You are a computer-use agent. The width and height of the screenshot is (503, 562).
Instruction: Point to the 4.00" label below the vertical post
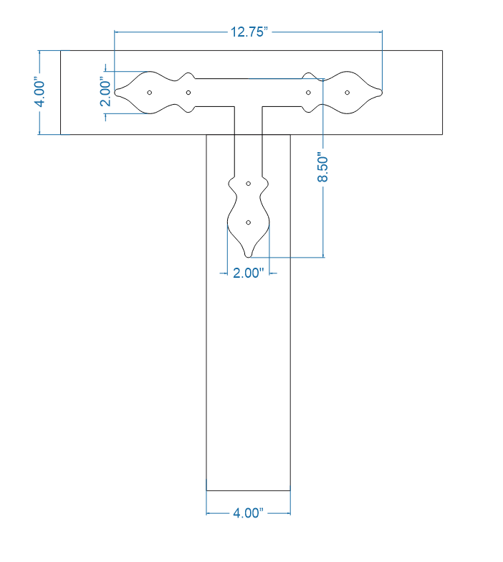coord(249,513)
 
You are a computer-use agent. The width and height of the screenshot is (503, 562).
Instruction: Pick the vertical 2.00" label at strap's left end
coord(105,92)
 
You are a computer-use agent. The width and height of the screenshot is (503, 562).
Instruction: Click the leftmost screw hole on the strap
coord(149,93)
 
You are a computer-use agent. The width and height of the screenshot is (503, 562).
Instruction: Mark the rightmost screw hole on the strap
coord(348,93)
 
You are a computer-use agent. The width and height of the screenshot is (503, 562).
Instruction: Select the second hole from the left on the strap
coord(188,93)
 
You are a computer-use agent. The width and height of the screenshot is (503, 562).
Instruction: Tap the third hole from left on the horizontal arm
coord(308,93)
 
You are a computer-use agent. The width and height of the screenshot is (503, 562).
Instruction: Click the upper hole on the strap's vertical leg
coord(248,184)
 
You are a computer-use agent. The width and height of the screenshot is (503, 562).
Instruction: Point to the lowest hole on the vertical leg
coord(248,223)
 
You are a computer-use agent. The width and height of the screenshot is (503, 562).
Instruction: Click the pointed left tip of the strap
coord(115,93)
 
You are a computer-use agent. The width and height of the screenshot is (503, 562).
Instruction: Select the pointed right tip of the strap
coord(382,93)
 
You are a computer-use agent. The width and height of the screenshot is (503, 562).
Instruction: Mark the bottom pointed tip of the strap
coord(248,256)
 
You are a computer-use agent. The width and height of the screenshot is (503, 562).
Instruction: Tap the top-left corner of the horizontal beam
coord(60,50)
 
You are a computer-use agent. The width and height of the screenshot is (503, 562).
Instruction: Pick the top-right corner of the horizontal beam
coord(442,50)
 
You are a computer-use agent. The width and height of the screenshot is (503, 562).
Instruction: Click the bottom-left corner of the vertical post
coord(206,490)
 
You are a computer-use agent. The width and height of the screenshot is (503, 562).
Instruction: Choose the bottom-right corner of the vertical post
coord(290,490)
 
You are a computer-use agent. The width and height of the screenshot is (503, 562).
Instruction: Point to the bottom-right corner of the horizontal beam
coord(442,134)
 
